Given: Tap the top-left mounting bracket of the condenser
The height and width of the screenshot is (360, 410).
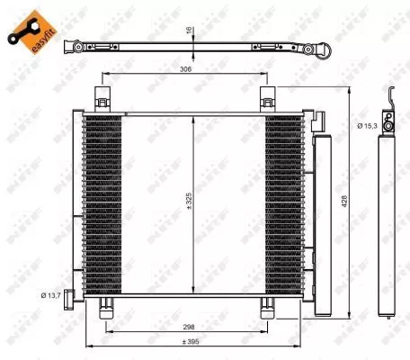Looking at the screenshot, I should tap(103, 99).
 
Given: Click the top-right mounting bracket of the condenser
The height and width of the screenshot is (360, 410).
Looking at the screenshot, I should tap(268, 99).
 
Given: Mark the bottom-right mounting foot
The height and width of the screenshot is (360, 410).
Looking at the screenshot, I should tap(268, 308).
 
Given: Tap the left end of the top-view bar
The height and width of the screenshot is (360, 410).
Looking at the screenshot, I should tap(76, 42).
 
